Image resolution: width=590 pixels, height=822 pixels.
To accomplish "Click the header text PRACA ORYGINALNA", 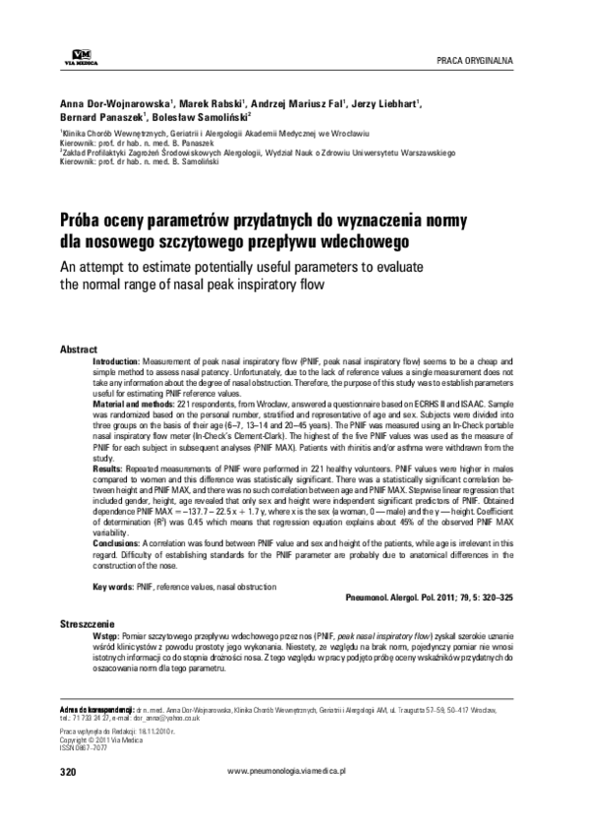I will tap(481, 60).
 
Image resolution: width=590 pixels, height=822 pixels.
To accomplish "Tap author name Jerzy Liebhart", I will tap(386, 102).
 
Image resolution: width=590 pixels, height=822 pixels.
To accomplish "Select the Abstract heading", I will tap(79, 350).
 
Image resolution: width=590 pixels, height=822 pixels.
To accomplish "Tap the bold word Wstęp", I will tap(105, 636).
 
